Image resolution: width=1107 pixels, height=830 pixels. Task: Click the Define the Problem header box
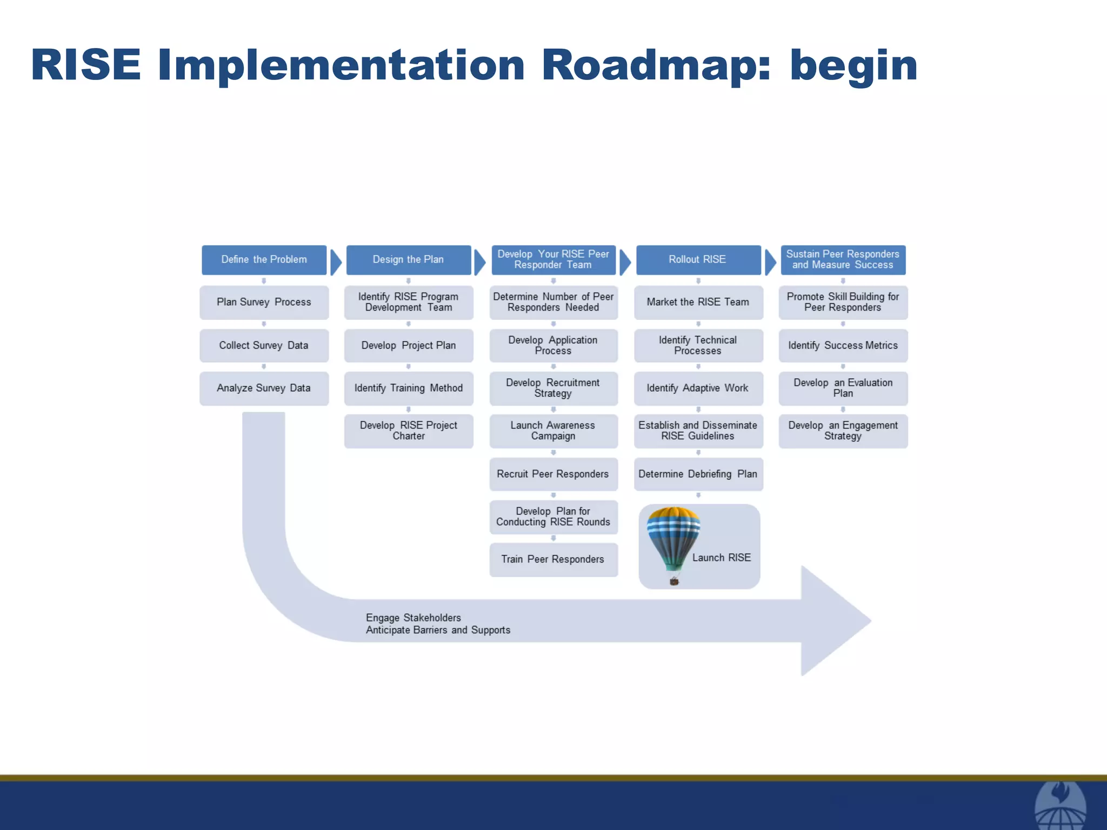point(264,260)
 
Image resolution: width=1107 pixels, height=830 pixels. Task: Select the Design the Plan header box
point(408,260)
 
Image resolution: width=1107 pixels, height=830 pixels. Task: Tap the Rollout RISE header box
point(698,260)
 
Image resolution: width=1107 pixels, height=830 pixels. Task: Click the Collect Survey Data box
point(264,345)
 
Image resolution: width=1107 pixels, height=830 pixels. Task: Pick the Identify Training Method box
point(409,388)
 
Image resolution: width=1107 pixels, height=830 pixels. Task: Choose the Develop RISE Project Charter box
point(409,431)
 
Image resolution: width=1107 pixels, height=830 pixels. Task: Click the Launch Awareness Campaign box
point(553,431)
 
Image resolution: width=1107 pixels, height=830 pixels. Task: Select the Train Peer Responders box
point(553,559)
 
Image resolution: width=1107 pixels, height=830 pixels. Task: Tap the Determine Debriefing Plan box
point(698,474)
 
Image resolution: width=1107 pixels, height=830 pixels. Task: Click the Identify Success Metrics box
point(843,345)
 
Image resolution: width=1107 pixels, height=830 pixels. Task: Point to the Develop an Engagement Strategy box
point(843,431)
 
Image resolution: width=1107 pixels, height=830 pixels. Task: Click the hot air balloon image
point(673,540)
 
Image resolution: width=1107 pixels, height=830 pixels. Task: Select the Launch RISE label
point(722,558)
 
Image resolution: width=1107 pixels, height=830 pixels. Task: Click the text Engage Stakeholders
point(414,618)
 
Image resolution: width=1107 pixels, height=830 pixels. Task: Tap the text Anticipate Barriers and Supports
point(438,630)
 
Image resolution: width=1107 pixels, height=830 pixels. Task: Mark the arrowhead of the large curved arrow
point(835,621)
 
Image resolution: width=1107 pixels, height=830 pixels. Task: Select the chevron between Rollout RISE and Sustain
point(770,262)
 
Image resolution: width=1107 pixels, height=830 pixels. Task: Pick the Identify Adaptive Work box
point(698,388)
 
